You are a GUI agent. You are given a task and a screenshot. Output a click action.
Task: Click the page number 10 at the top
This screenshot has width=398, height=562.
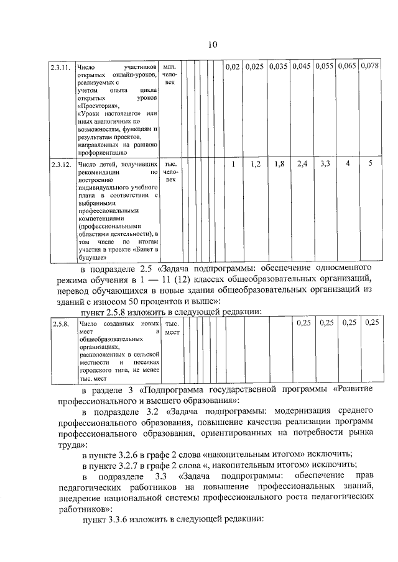tap(213, 44)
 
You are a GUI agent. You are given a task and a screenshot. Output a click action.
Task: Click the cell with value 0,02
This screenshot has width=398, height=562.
tap(231, 66)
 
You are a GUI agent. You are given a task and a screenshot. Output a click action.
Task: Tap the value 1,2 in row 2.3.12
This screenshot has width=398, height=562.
tap(254, 165)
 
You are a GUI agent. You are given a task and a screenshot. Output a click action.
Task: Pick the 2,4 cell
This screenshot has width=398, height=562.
tap(302, 165)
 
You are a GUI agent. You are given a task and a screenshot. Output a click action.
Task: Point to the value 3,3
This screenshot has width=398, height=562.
tap(325, 165)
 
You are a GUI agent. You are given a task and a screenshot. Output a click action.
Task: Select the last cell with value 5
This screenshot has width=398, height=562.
tap(370, 165)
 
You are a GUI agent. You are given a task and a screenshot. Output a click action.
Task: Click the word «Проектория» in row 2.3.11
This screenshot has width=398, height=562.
tap(97, 106)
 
